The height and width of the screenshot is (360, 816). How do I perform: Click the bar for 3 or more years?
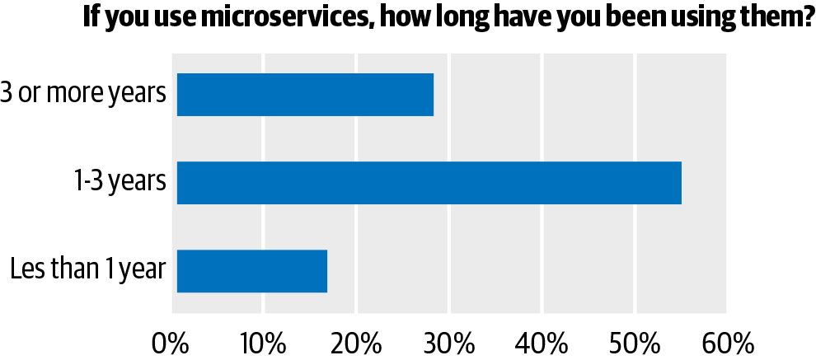305,95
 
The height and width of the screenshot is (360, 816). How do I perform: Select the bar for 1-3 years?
429,183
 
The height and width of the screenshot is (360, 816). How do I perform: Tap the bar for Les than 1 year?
251,270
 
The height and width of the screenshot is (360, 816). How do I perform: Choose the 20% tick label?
356,340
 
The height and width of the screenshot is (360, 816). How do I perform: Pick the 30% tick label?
448,340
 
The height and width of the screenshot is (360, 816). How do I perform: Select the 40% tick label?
542,340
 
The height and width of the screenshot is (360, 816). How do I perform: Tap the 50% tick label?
634,340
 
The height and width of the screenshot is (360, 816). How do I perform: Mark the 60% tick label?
726,340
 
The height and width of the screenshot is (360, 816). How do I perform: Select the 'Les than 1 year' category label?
88,269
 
